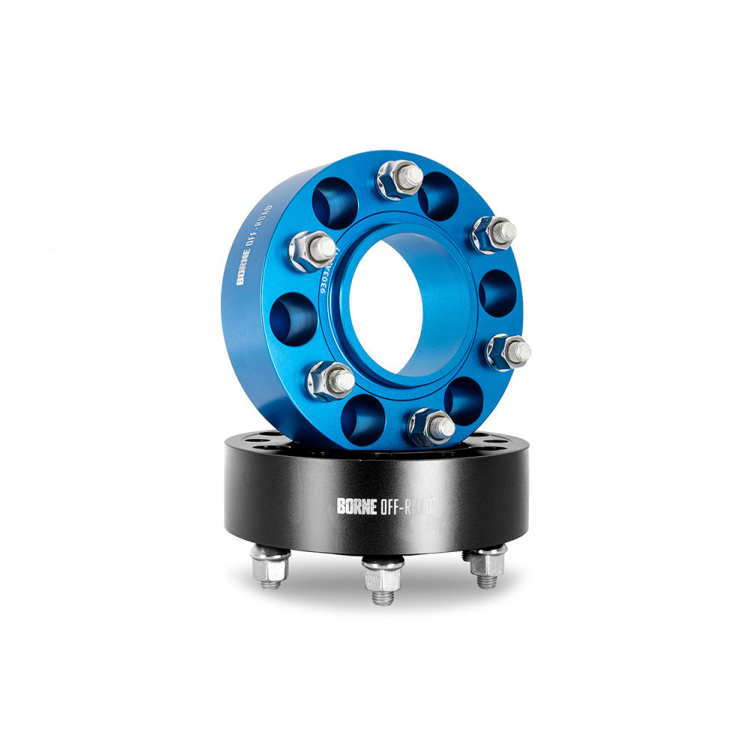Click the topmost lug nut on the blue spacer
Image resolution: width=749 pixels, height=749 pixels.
tap(398, 180)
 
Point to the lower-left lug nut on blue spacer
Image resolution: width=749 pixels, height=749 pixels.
tap(330, 380)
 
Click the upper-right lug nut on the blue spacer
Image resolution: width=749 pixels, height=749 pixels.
tap(493, 234)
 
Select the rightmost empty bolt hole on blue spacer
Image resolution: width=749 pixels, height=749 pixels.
tap(497, 293)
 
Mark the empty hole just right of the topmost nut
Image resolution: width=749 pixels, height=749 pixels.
tap(438, 196)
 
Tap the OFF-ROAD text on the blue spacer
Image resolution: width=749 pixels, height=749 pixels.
tap(258, 224)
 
